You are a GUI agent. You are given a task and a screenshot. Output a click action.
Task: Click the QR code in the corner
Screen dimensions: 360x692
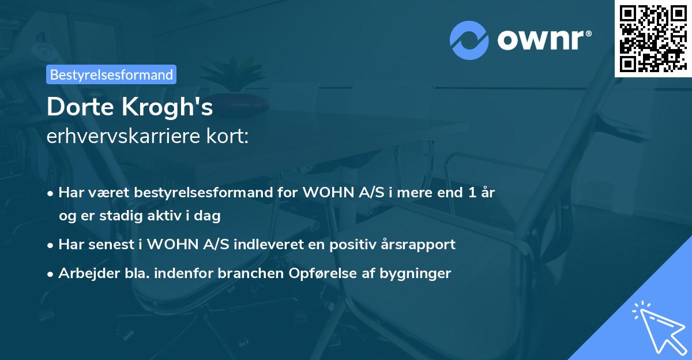tap(653, 38)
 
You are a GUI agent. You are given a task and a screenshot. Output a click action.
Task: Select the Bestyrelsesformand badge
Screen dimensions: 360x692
tap(111, 74)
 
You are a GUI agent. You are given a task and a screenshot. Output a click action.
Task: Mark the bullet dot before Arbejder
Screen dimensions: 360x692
tap(51, 273)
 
